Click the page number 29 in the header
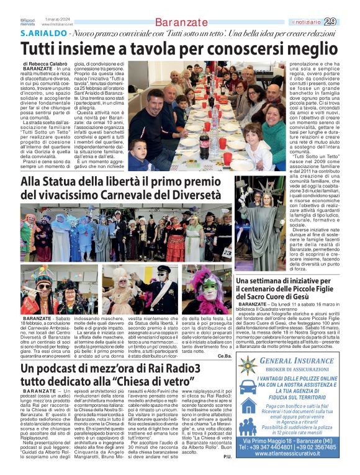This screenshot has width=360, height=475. [348, 22]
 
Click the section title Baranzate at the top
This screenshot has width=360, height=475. [179, 22]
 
